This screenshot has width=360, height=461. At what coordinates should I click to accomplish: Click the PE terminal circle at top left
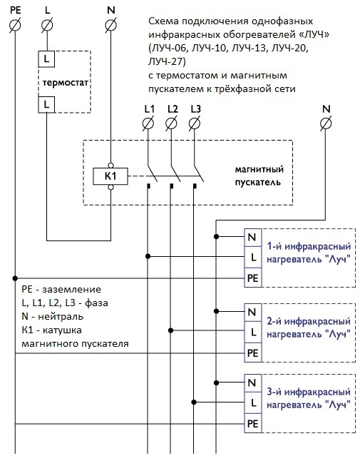click(x=15, y=25)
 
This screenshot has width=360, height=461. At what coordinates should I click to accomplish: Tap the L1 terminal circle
click(x=148, y=123)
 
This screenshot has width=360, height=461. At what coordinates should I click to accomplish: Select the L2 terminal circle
click(x=171, y=123)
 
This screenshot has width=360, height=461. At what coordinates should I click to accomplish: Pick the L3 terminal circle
click(x=194, y=123)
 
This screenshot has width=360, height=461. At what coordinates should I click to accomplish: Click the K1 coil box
click(x=110, y=176)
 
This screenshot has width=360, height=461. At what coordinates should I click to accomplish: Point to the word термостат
click(x=65, y=83)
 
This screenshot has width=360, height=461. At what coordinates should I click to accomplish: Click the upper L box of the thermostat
click(x=46, y=59)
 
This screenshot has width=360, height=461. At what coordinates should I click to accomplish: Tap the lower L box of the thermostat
click(x=46, y=104)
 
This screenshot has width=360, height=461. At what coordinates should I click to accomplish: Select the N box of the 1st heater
click(x=253, y=237)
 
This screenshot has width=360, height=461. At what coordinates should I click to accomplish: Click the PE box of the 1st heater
click(x=253, y=278)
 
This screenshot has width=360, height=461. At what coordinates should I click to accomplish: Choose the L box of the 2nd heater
click(x=253, y=332)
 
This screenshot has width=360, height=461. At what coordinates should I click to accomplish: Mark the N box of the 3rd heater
click(x=253, y=383)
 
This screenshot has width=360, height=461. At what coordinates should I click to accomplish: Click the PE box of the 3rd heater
click(x=253, y=424)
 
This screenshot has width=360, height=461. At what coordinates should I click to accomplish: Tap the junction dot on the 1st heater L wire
click(x=148, y=256)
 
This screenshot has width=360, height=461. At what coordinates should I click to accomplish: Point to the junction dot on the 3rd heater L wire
click(x=193, y=402)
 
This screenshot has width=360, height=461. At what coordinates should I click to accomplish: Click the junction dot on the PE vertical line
click(x=15, y=278)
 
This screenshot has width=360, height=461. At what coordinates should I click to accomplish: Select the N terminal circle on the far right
click(x=326, y=123)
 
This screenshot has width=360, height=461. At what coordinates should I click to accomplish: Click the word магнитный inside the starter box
click(x=259, y=170)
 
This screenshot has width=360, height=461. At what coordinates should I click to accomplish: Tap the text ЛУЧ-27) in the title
click(x=167, y=62)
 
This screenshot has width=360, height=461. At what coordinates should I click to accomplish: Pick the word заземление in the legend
click(x=72, y=290)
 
